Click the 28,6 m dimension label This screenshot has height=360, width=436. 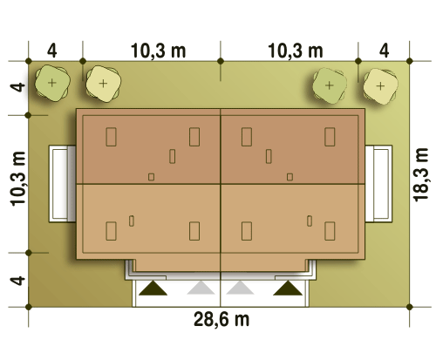coord(221,319)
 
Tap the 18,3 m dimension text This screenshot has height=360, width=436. coord(420,175)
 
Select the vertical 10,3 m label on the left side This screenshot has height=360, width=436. coord(18,179)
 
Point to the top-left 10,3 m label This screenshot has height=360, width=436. coord(158,51)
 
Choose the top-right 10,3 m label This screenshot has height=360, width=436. coord(296,51)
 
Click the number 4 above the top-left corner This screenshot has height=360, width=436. coord(51,51)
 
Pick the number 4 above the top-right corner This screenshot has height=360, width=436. coord(384,51)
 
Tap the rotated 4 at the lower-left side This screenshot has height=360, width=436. coord(17,281)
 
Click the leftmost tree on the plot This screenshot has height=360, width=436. coord(52,83)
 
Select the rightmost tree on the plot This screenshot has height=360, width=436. coord(380,86)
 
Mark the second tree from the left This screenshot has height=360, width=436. coord(103,84)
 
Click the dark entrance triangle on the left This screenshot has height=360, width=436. coord(153,288)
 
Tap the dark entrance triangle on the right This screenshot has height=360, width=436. coord(288,288)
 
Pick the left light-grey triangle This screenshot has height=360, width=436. coord(201,288)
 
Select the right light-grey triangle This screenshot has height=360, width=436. coord(240,288)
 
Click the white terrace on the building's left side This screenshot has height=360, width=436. coord(62,184)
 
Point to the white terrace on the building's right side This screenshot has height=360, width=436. coord(378,184)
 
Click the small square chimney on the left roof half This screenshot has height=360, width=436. coord(151,177)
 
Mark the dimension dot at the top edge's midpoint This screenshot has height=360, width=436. coord(221,61)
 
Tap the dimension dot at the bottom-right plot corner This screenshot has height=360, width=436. coord(410,307)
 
